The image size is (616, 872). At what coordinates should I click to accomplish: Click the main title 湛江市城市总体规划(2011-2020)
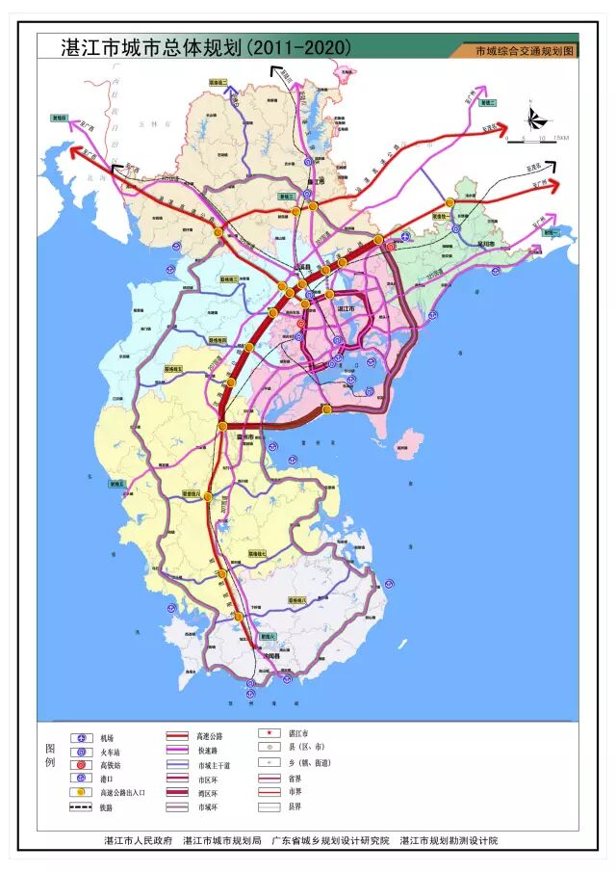pyautogui.click(x=206, y=46)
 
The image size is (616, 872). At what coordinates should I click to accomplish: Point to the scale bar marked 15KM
pyautogui.click(x=539, y=138)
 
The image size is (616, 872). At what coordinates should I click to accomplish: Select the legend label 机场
pyautogui.click(x=107, y=737)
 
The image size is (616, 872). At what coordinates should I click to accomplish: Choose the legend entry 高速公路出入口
pyautogui.click(x=124, y=792)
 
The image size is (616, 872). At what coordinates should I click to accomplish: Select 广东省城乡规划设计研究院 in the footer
pyautogui.click(x=330, y=841)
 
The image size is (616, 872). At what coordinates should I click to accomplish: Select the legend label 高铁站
pyautogui.click(x=107, y=764)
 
